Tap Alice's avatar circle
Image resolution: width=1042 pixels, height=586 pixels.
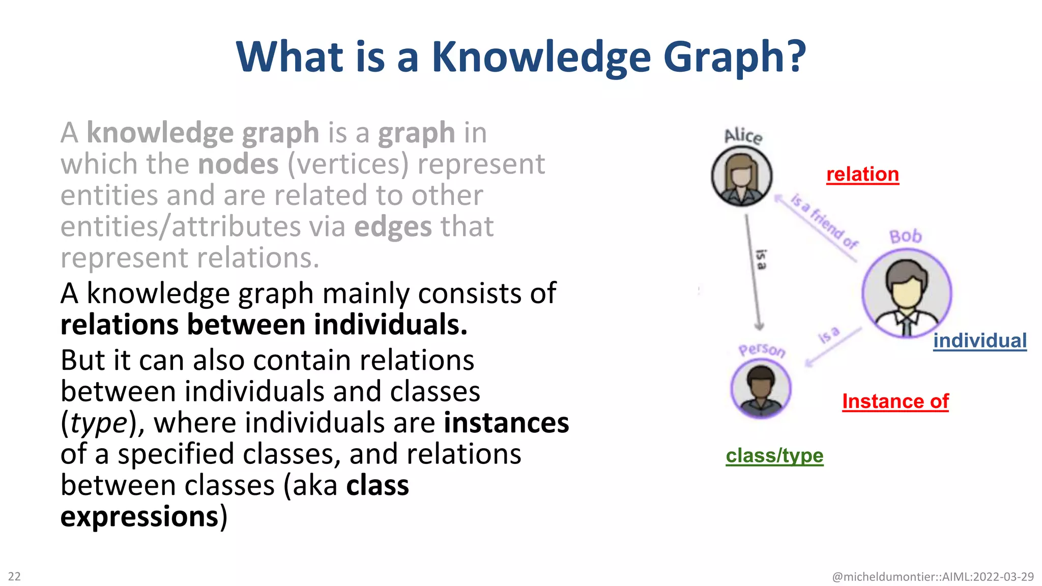pos(741,176)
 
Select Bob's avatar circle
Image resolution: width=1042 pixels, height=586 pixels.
pos(906,294)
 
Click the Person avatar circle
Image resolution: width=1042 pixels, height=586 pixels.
pos(761,390)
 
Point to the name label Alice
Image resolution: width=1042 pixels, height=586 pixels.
pos(743,136)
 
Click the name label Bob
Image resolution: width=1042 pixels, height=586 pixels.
pos(906,237)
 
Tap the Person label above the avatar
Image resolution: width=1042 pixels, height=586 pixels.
pos(762,350)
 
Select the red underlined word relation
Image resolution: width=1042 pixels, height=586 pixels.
pos(862,174)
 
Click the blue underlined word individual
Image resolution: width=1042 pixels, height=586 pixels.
pos(979,341)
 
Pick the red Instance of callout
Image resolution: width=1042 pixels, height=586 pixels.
pos(895,401)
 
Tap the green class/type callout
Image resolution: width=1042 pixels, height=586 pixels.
pos(774,456)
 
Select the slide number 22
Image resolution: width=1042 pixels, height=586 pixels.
pos(14,576)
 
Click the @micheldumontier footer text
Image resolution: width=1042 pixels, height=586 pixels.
pos(932,577)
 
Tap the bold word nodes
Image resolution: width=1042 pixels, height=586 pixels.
pos(238,164)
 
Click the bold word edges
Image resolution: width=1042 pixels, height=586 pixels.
pos(393,227)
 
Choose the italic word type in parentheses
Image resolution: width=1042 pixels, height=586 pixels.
pos(98,423)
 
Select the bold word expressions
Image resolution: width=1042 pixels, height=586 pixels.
pos(139,517)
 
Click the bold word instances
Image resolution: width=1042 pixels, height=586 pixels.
pos(506,423)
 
